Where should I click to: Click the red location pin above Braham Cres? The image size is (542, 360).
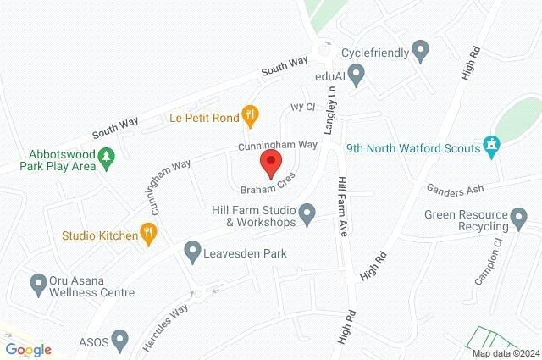tap(271, 163)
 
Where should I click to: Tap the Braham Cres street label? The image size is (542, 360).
tap(271, 188)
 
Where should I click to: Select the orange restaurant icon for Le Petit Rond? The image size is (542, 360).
tap(249, 114)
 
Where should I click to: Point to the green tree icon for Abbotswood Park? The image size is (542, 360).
tap(107, 158)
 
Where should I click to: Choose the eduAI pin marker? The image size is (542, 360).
tap(357, 77)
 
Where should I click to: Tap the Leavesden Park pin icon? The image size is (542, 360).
tap(193, 252)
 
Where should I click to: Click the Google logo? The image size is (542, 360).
tap(28, 350)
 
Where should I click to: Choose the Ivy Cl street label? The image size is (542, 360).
tap(302, 108)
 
